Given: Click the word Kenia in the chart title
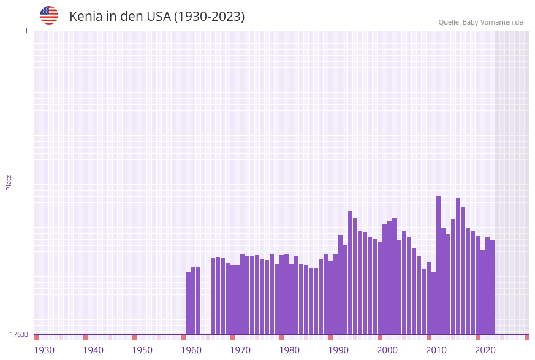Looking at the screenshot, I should [x=86, y=17].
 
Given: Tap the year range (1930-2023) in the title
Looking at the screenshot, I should [x=209, y=17].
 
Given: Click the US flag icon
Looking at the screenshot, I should [x=49, y=15].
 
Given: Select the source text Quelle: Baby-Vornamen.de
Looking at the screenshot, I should [x=480, y=22].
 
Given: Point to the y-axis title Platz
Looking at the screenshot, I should [x=9, y=182].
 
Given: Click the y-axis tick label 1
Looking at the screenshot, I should [x=26, y=31].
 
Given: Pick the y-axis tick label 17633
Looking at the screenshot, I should [x=19, y=334].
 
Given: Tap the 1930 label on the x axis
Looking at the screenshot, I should [x=44, y=350].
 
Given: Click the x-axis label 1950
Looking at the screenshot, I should [x=142, y=350].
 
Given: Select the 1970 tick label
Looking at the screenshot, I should [x=240, y=350].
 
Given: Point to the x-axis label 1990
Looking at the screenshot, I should [x=338, y=350].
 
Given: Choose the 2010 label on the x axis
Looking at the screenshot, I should [x=436, y=350].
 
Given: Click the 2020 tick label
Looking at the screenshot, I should [x=485, y=350].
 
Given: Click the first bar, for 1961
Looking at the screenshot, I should [x=189, y=303].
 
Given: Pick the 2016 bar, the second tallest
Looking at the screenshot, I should [x=458, y=266].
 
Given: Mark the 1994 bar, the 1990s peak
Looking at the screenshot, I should [x=351, y=273].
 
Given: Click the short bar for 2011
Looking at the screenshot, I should [x=434, y=303].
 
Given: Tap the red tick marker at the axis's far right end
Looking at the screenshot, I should [x=526, y=337].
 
